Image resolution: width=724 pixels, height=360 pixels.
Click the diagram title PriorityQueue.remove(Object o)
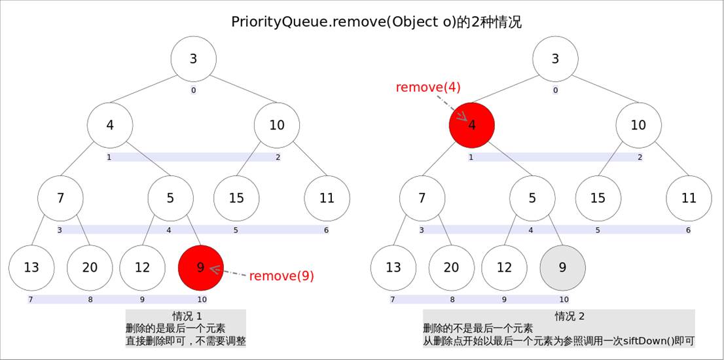click(376, 22)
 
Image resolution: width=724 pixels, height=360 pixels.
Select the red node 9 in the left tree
click(201, 268)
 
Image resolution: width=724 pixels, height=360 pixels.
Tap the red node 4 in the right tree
click(471, 125)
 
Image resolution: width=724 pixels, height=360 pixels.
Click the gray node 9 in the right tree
click(562, 268)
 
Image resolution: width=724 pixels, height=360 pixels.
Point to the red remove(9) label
click(281, 276)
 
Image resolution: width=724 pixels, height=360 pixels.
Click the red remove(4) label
click(428, 88)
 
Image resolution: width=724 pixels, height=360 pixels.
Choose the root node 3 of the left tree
click(193, 59)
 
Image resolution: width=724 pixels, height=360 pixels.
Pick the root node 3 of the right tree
click(555, 59)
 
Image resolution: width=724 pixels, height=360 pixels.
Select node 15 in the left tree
click(236, 198)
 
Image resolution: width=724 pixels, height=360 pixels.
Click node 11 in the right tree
click(689, 198)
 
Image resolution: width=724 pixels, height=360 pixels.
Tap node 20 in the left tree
click(90, 268)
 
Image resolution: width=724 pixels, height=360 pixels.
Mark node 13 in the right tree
click(393, 268)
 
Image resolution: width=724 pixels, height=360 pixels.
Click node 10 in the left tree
click(277, 125)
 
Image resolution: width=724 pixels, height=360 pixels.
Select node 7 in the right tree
click(422, 198)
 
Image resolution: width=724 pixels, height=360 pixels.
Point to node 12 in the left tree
click(142, 268)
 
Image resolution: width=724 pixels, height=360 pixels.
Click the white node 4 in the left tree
click(110, 125)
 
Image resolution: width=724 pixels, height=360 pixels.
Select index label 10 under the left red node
click(202, 300)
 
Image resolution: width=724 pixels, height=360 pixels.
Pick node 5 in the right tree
click(532, 198)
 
